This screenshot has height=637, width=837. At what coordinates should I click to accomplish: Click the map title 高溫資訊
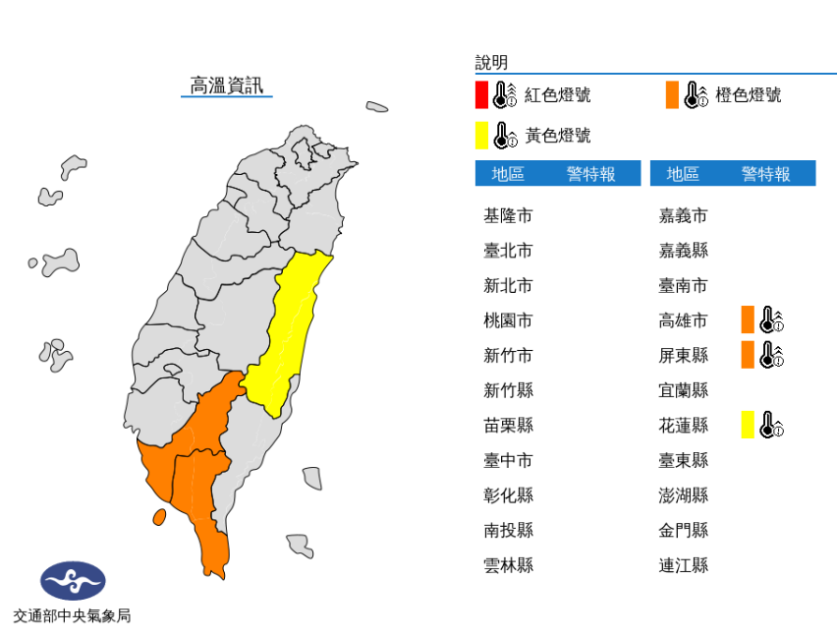click(227, 86)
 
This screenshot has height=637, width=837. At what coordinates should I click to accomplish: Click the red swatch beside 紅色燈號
click(481, 95)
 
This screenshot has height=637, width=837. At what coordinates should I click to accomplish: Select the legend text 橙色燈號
click(749, 95)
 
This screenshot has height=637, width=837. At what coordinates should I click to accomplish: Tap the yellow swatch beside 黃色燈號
click(481, 135)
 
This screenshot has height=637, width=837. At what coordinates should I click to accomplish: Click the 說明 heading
click(491, 63)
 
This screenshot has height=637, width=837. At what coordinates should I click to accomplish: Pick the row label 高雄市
click(683, 320)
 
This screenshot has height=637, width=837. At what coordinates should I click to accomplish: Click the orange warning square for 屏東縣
click(748, 355)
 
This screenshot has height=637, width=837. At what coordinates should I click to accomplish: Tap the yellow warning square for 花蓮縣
click(748, 425)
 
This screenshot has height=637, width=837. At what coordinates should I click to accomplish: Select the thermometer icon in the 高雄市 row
click(771, 320)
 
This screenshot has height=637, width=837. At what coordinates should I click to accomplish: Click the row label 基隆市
click(508, 215)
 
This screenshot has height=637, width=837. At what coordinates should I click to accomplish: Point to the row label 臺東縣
click(683, 460)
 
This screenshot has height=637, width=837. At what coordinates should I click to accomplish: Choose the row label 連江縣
click(683, 565)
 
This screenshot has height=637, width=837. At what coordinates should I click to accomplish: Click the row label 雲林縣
click(508, 565)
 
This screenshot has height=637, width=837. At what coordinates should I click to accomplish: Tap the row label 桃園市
click(508, 320)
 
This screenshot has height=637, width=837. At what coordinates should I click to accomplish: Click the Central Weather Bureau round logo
click(72, 581)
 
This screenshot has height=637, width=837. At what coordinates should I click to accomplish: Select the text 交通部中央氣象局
click(72, 616)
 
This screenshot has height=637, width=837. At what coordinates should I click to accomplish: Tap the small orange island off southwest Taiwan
click(158, 516)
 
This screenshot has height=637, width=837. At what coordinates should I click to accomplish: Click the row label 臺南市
click(683, 286)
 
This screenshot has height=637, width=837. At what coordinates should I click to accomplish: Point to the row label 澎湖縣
click(683, 495)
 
